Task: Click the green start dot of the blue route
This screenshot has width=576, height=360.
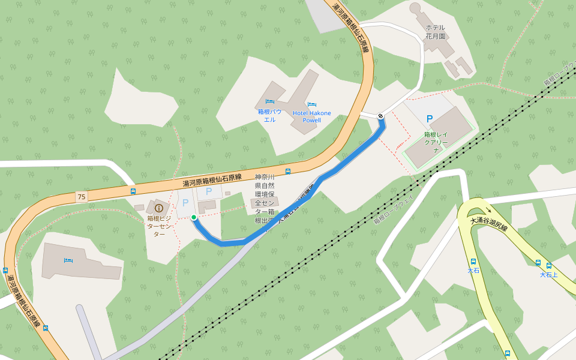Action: point(194,217)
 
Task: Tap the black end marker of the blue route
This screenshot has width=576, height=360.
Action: point(381,116)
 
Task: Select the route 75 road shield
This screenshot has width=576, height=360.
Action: point(81,196)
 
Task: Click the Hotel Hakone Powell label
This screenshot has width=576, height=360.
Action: point(312,116)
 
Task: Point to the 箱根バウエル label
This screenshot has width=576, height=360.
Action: point(270,115)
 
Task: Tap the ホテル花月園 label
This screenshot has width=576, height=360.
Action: point(436,32)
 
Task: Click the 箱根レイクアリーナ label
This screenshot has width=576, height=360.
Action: point(436,143)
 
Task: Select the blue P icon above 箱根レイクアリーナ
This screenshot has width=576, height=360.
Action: point(429,119)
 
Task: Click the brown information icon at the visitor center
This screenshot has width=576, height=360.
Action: point(159,208)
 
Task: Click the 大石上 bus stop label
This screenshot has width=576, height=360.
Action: point(548,275)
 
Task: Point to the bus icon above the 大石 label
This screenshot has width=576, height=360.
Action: point(473,262)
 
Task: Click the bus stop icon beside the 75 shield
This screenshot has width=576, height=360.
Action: point(133,191)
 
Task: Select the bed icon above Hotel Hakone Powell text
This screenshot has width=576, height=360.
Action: point(311,105)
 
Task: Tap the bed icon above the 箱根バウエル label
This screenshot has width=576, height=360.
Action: point(270,101)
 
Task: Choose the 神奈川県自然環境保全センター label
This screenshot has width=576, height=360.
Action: point(264,199)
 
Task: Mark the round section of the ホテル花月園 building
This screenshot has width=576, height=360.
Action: point(415,9)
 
